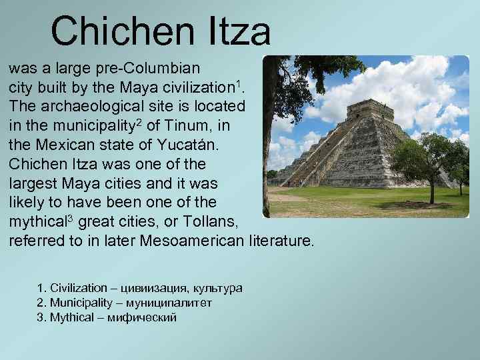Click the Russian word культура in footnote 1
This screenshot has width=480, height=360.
click(x=219, y=288)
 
